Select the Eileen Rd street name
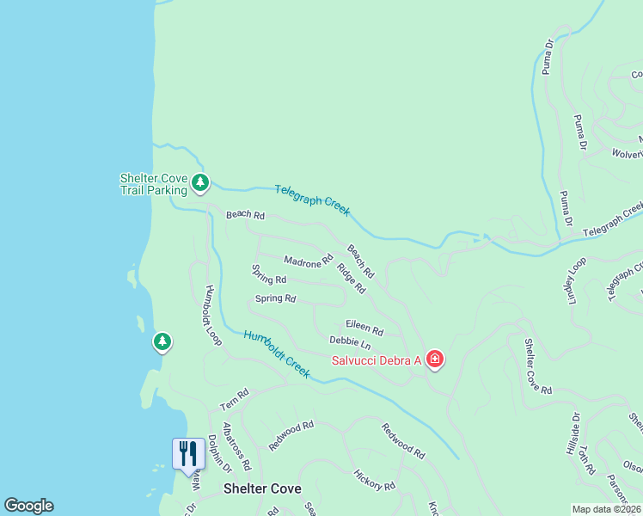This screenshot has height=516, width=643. coord(364,326)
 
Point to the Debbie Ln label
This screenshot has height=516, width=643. coord(349,343)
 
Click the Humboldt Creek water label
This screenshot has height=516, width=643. coord(275,353)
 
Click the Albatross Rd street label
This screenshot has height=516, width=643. coord(236,446)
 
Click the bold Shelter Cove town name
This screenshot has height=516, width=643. coord(262,488)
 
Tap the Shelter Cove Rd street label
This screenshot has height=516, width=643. coord(539,365)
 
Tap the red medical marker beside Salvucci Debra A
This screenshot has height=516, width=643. coord(434,359)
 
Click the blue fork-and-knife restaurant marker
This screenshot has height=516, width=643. coord(187,453)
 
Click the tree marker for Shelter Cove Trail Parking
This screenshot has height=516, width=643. coord(200,182)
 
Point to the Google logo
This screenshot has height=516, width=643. coord(28,506)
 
